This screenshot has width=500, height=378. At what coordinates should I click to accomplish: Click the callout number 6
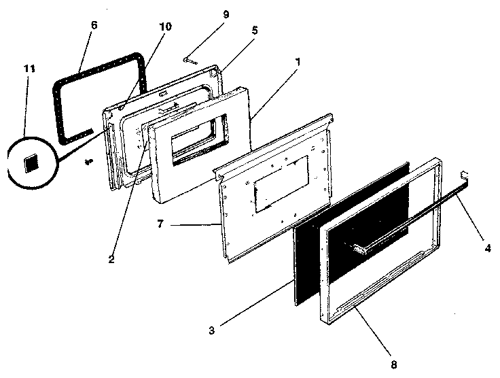tap(93, 25)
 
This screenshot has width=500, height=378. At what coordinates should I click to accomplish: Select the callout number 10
tap(165, 27)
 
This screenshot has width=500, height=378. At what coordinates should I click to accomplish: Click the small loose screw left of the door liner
tap(88, 162)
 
